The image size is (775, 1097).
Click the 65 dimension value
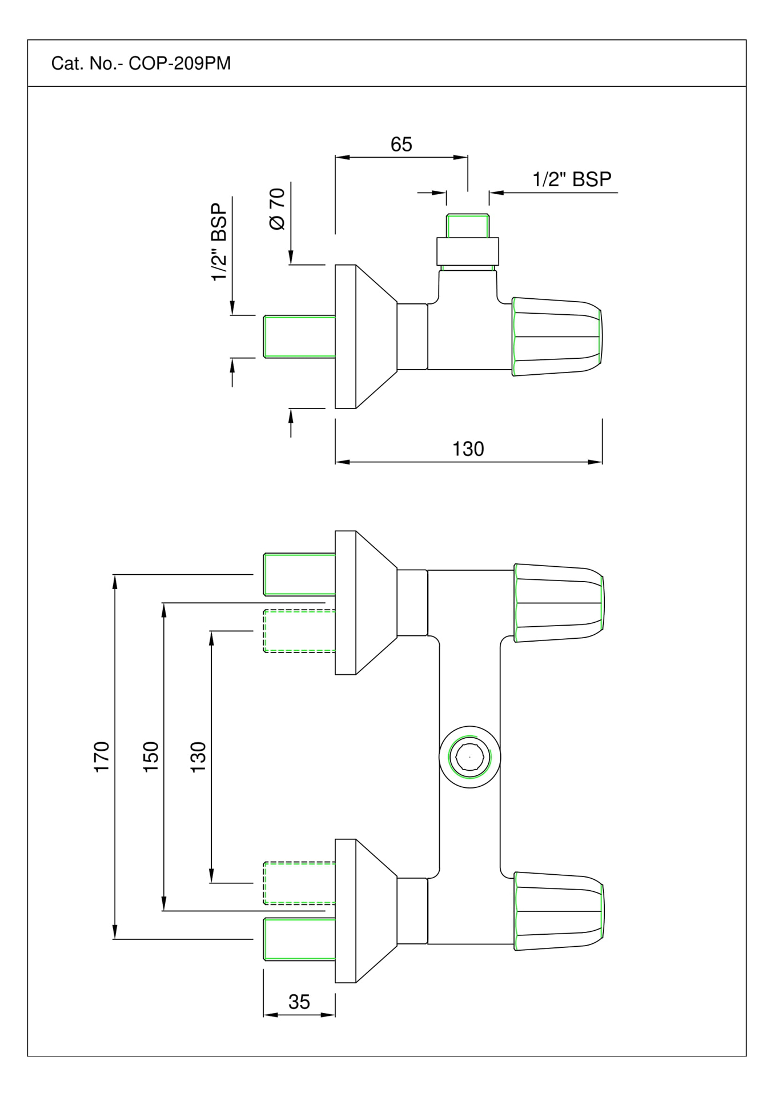pyautogui.click(x=401, y=145)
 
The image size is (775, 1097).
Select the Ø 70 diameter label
pyautogui.click(x=277, y=209)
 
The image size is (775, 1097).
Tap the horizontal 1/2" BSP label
pyautogui.click(x=572, y=179)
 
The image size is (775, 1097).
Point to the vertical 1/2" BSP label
pyautogui.click(x=219, y=242)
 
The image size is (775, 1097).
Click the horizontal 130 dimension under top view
pyautogui.click(x=468, y=449)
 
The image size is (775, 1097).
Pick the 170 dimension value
pyautogui.click(x=102, y=757)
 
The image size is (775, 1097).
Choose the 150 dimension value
pyautogui.click(x=151, y=757)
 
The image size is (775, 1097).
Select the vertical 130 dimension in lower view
pyautogui.click(x=198, y=757)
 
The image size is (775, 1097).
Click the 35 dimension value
pyautogui.click(x=299, y=1002)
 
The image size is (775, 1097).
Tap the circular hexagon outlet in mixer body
pyautogui.click(x=469, y=757)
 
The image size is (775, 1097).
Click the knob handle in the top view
pyautogui.click(x=556, y=337)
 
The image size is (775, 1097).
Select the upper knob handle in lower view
pyautogui.click(x=559, y=603)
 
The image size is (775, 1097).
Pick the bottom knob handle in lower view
pyautogui.click(x=559, y=911)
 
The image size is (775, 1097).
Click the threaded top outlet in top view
pyautogui.click(x=468, y=226)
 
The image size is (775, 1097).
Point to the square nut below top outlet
pyautogui.click(x=468, y=251)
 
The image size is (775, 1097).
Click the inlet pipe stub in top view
pyautogui.click(x=299, y=337)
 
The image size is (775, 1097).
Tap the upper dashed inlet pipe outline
pyautogui.click(x=299, y=631)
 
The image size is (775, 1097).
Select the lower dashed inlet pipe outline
pyautogui.click(x=299, y=883)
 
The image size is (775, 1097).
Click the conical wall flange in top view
pyautogui.click(x=366, y=337)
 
